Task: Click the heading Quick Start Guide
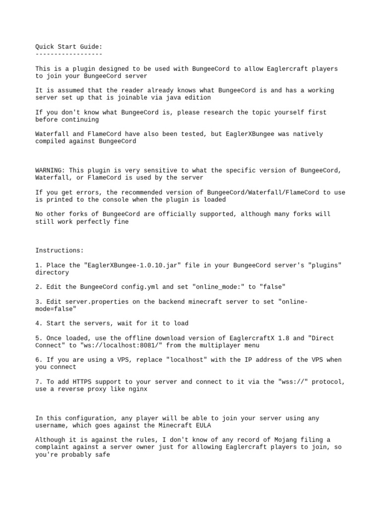[x=69, y=47]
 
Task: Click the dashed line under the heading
[x=69, y=54]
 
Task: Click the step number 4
[x=37, y=323]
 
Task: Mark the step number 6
[x=37, y=360]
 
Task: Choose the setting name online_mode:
[x=211, y=287]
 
